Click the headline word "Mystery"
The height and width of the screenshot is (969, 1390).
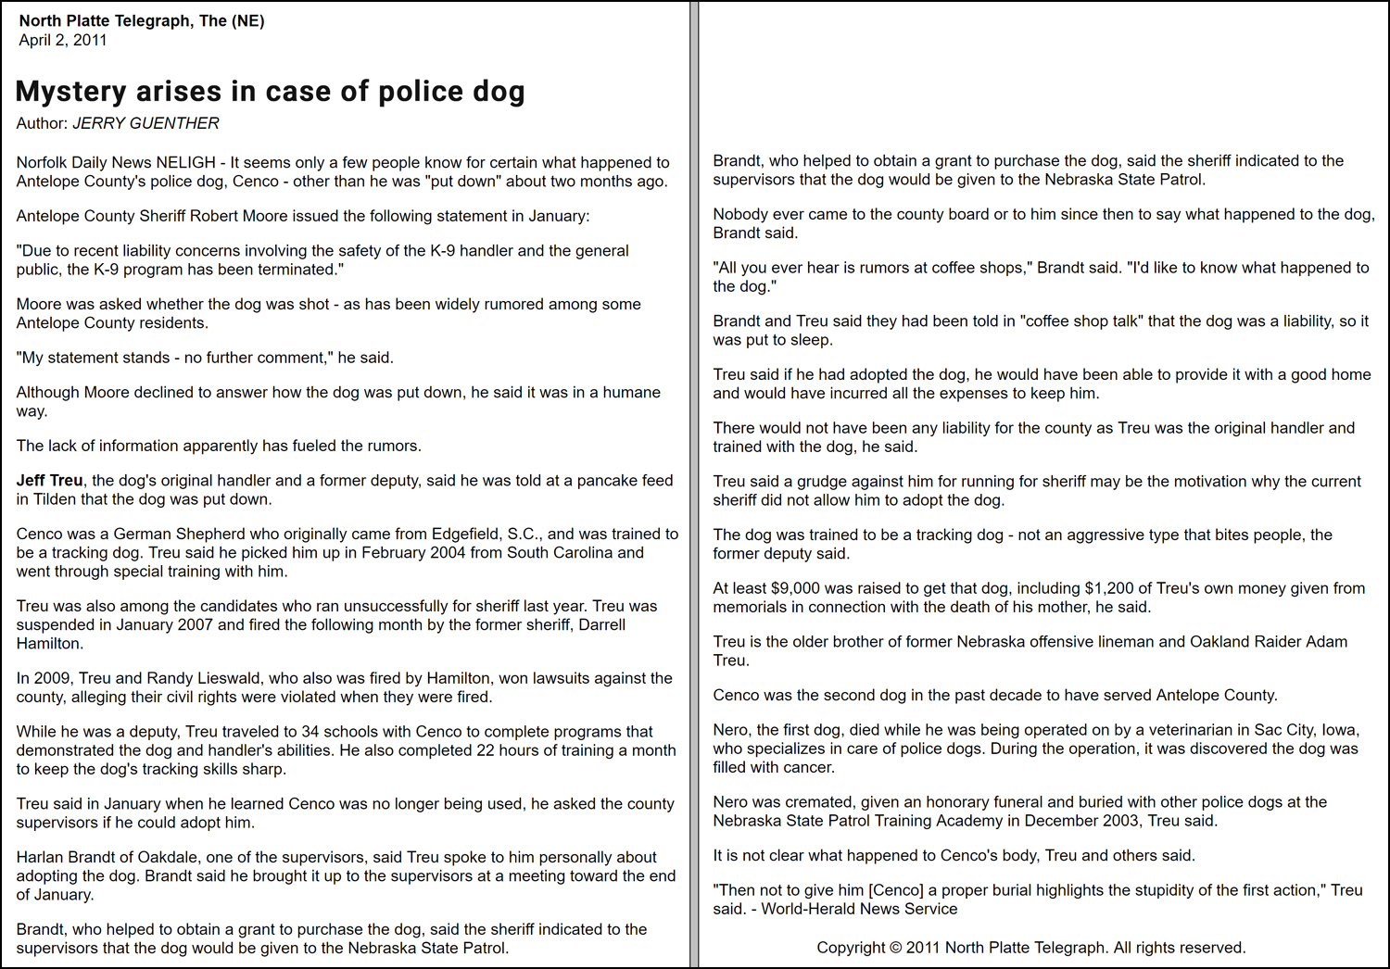click(x=71, y=92)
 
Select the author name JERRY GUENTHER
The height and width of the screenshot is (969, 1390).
click(x=145, y=123)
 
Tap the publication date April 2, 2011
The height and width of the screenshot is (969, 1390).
click(x=63, y=40)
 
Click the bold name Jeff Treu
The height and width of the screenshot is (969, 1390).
click(x=49, y=480)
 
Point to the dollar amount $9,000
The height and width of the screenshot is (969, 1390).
click(x=793, y=587)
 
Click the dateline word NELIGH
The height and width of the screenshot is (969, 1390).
click(x=185, y=162)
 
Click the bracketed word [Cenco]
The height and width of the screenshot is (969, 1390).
click(x=896, y=889)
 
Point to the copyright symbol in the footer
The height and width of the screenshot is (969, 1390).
click(x=895, y=947)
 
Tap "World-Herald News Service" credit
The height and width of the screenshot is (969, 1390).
click(x=859, y=908)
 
